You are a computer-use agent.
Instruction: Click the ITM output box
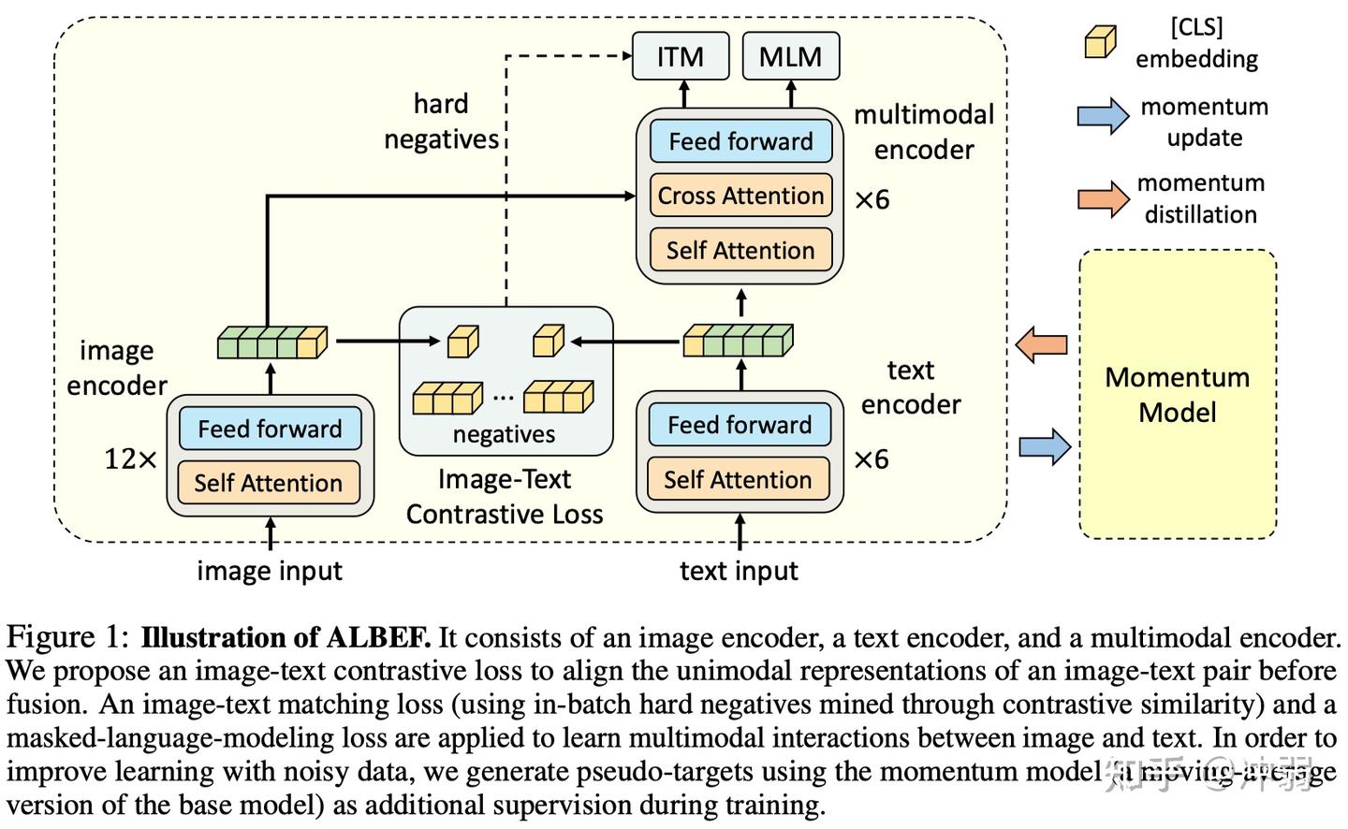(x=681, y=56)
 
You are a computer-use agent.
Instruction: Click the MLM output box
(x=790, y=56)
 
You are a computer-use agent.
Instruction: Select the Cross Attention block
(x=740, y=196)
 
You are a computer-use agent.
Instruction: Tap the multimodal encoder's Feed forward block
(x=740, y=141)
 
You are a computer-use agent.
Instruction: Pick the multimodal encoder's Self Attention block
(x=740, y=250)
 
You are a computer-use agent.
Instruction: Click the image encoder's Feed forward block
(x=270, y=429)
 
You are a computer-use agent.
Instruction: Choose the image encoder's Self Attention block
(x=269, y=483)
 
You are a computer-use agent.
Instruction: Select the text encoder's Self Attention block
(x=738, y=479)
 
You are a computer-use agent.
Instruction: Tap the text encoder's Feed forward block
(x=739, y=425)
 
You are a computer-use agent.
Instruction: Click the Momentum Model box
(x=1177, y=394)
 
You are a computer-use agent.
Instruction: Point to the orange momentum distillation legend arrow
(x=1104, y=197)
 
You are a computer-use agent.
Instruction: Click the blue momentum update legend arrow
(x=1104, y=116)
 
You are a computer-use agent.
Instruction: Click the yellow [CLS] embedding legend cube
(x=1100, y=42)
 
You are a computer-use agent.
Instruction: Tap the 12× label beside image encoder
(x=130, y=459)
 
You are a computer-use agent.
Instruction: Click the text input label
(x=739, y=571)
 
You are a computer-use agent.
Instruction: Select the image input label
(x=270, y=571)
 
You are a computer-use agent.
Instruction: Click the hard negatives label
(x=441, y=122)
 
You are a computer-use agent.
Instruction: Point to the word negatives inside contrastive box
(x=504, y=434)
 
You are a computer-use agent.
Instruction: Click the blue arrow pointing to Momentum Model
(x=1044, y=447)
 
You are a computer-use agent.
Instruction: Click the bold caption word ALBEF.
(x=378, y=638)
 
